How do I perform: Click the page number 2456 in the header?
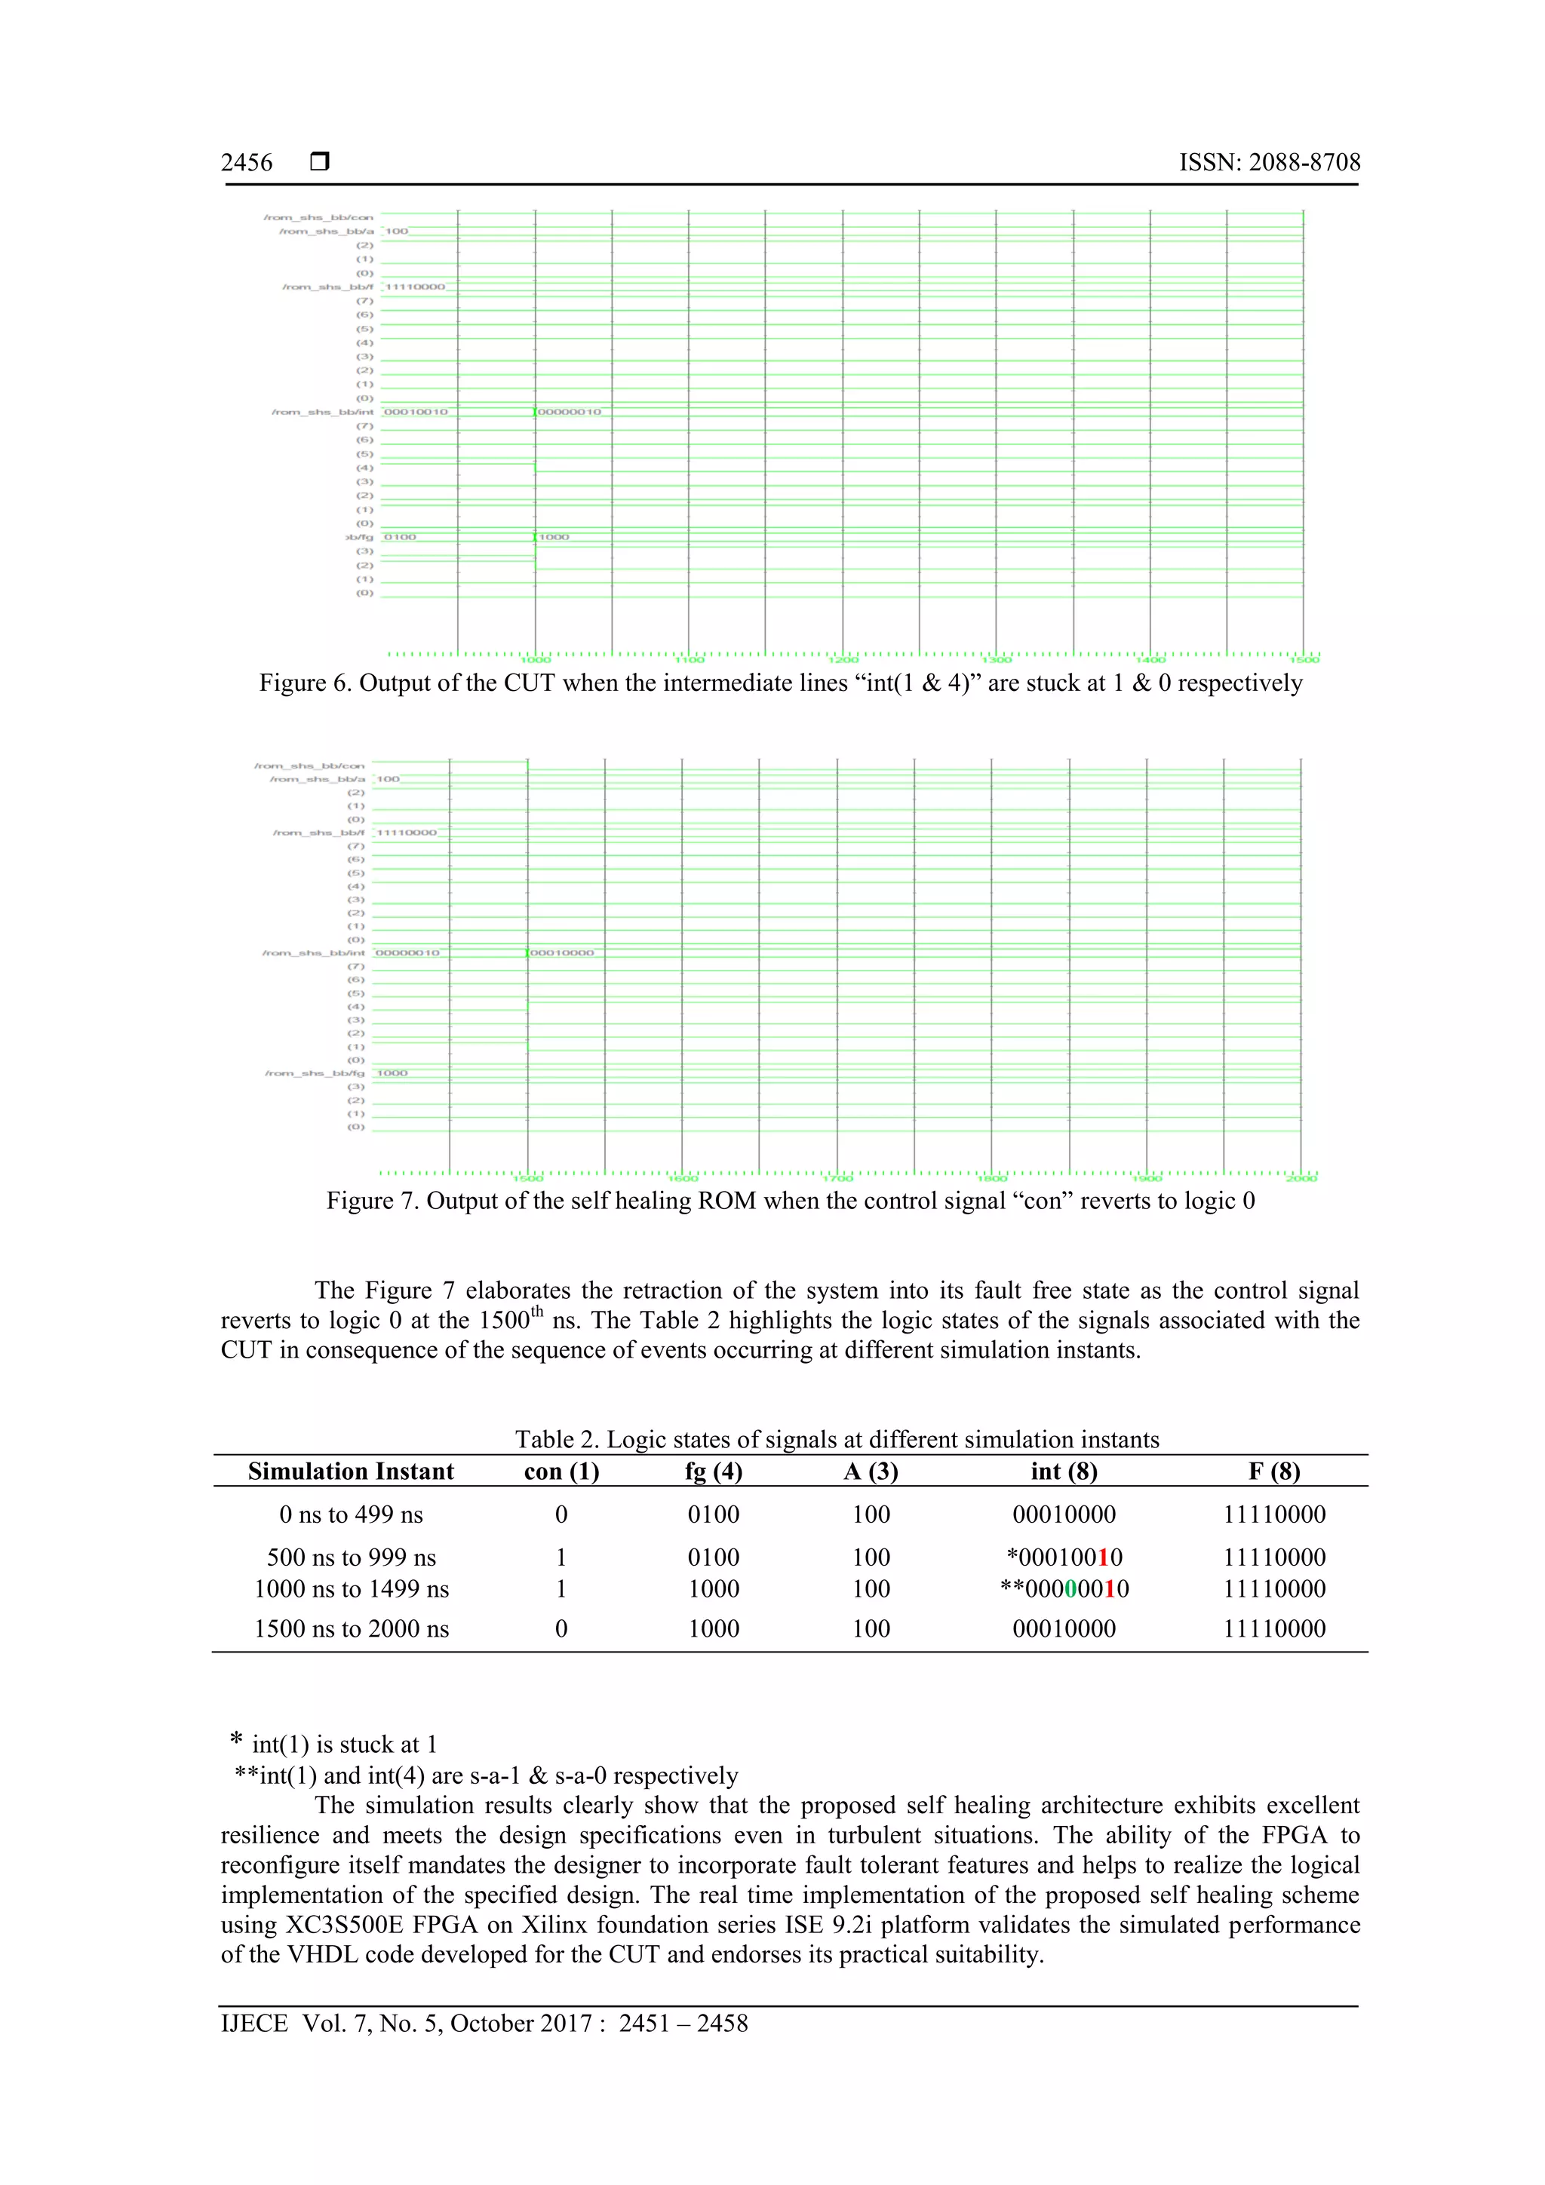click(247, 163)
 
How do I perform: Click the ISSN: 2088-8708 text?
click(1269, 163)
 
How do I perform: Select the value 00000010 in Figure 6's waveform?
click(570, 412)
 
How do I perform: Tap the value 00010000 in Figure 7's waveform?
click(561, 953)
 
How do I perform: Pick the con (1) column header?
click(561, 1471)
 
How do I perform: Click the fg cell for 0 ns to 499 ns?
click(713, 1514)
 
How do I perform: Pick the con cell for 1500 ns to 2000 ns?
click(561, 1628)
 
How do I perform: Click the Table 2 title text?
click(837, 1439)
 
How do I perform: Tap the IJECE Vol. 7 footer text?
click(484, 2024)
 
